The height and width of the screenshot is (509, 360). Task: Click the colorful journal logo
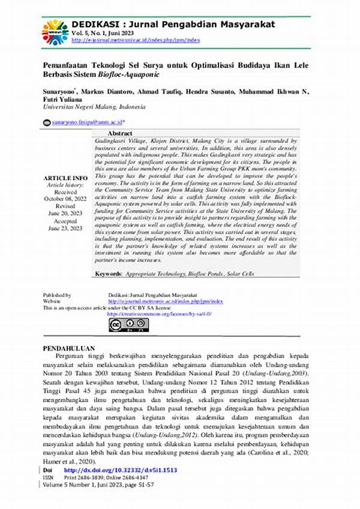pyautogui.click(x=55, y=32)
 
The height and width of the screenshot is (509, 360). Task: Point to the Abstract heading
pyautogui.click(x=120, y=133)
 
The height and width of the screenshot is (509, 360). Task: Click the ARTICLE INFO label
pyautogui.click(x=66, y=179)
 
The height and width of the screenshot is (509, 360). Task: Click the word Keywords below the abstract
pyautogui.click(x=108, y=274)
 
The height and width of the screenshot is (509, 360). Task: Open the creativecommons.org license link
pyautogui.click(x=159, y=313)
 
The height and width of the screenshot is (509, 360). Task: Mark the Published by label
pyautogui.click(x=58, y=296)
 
